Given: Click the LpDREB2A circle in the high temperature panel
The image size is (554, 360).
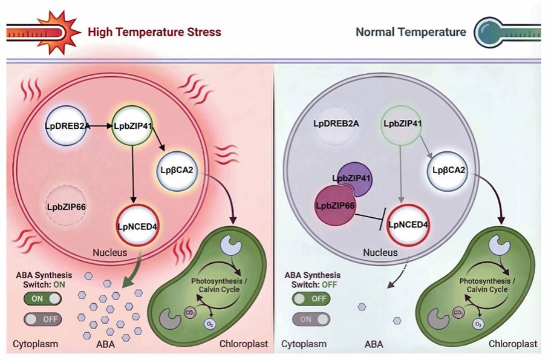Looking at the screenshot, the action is pos(66,125).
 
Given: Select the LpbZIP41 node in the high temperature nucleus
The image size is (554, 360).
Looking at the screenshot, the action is pos(132,126).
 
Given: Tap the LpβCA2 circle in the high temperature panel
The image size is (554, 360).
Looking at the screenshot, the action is pos(177,171).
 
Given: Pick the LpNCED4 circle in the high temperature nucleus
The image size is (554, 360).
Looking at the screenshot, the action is pos(137,226).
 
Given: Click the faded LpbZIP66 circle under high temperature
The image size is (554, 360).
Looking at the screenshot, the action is pos(66,206).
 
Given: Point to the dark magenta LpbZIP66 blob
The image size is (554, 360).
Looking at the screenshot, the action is pos(334,206).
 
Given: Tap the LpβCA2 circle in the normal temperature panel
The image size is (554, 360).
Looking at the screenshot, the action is pos(448,171).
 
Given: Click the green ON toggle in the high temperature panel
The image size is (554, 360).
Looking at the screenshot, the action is pos(43,298).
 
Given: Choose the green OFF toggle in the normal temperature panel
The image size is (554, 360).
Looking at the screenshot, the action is pos(311,298).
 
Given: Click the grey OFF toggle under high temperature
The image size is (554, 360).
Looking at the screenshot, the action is pos(43,319).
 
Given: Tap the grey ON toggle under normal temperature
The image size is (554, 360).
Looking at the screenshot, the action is pos(311,319).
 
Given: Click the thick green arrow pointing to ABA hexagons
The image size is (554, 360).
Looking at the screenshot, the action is pos(131,271).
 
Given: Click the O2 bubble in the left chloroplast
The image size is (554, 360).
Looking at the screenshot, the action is pos(210,324).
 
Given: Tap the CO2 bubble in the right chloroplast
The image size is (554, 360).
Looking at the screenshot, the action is pos(458,313).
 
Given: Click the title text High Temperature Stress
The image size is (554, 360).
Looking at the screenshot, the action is pos(154,32).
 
